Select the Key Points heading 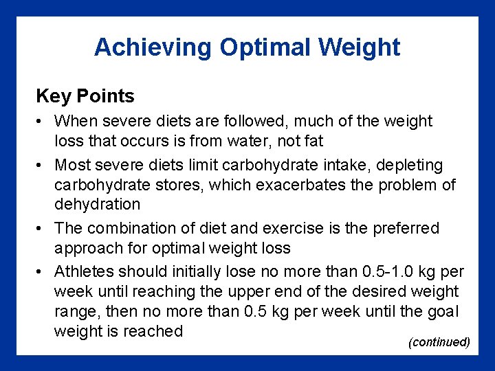click(x=85, y=95)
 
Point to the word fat click(x=313, y=141)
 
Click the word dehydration click(x=97, y=204)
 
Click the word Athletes click(x=85, y=271)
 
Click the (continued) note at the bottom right click(x=439, y=342)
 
